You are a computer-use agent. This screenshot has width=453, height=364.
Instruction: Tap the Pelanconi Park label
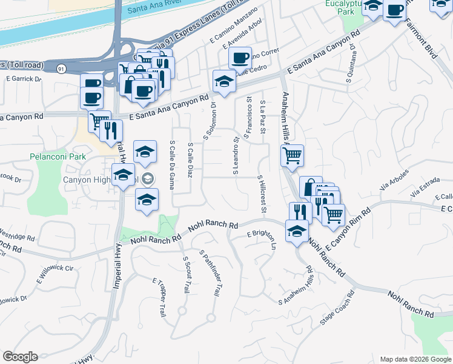[55, 157]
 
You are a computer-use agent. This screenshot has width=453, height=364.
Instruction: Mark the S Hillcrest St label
[262, 195]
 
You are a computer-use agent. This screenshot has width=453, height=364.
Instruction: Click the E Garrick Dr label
[24, 78]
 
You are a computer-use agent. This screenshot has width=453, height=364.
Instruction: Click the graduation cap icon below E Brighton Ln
[297, 231]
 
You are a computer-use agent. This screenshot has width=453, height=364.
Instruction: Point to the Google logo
[21, 357]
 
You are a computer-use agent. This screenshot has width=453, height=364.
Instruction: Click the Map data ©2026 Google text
[415, 359]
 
